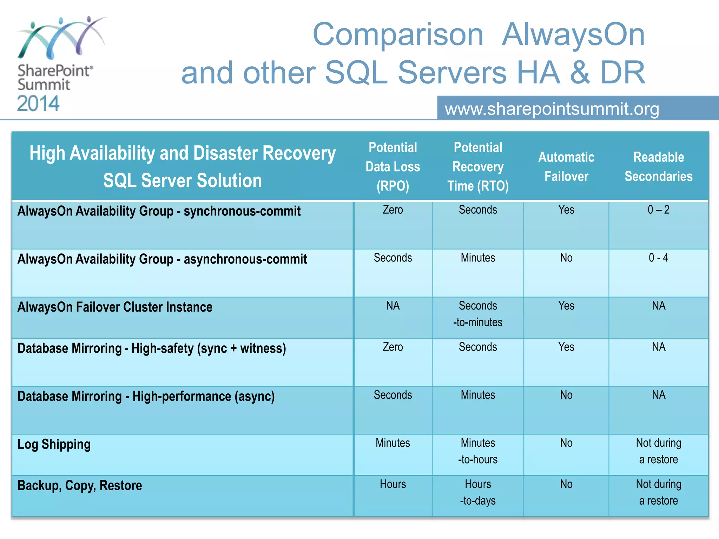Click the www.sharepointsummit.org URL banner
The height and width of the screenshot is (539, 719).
tap(552, 109)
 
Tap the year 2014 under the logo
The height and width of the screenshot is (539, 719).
tap(38, 104)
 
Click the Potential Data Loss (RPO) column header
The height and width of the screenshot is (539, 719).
tap(393, 167)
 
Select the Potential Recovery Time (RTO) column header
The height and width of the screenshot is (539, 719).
tap(478, 167)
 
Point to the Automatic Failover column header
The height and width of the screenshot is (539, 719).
tap(566, 167)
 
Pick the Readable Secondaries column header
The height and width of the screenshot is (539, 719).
tap(658, 167)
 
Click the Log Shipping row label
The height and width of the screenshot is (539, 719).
tap(54, 444)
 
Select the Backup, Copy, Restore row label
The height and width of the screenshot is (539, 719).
tap(80, 485)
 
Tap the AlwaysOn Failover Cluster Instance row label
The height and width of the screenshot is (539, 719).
tap(115, 307)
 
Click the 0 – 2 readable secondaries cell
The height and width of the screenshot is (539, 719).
tap(658, 210)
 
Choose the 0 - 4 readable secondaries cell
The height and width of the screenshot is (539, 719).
tap(658, 258)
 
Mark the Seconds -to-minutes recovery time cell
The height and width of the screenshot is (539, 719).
tap(478, 314)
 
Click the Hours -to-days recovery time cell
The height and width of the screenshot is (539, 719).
tap(478, 492)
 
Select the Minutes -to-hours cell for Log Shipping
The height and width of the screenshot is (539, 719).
tap(478, 451)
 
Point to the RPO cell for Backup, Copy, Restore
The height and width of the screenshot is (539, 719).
tap(393, 484)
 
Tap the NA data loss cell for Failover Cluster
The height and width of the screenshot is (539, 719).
tap(393, 306)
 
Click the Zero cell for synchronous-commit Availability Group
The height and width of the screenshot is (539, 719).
tap(393, 210)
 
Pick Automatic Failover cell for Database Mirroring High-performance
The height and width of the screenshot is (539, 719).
tap(566, 395)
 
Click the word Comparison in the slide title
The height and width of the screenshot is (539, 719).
tap(398, 35)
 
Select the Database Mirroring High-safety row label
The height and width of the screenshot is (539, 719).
tap(152, 348)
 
